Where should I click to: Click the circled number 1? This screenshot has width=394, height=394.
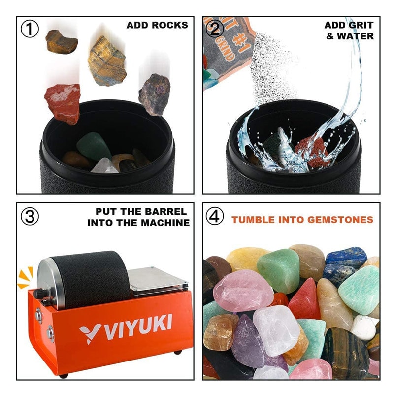(x=30, y=29)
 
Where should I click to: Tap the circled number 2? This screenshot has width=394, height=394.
(x=215, y=29)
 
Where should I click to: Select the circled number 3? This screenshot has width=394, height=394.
(x=30, y=216)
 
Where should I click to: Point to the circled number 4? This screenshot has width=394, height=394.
(x=215, y=216)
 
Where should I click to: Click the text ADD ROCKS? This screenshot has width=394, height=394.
(x=157, y=25)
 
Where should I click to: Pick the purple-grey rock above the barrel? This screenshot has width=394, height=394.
(x=154, y=94)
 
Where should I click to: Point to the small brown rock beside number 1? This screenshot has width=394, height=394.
(x=61, y=41)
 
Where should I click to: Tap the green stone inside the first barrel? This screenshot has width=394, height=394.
(x=94, y=146)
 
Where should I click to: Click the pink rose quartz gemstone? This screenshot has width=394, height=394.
(x=242, y=291)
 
